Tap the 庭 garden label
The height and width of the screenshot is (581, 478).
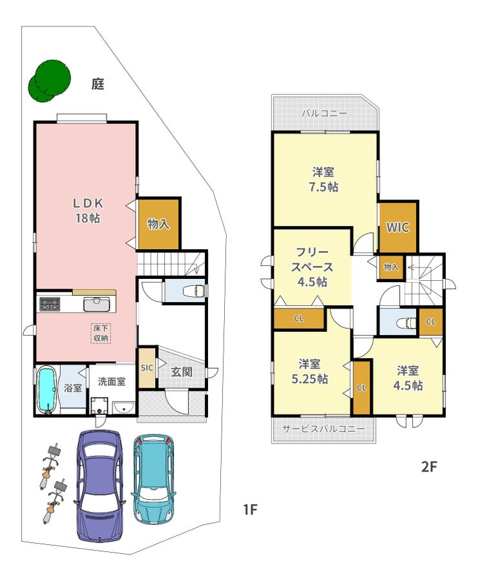98,85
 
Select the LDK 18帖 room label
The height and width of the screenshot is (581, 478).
87,210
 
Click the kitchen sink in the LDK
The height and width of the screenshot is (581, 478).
96,305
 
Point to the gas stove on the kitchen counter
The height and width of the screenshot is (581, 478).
49,305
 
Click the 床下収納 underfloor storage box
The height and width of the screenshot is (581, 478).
101,333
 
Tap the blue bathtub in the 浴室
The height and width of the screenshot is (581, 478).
47,390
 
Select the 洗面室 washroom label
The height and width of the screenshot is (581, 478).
112,382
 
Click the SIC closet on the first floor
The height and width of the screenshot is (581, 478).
147,368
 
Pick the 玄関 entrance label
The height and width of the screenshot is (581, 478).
182,372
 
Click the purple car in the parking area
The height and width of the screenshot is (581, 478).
99,485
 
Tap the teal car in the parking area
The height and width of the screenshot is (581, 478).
153,480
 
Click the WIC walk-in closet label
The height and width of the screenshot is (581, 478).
398,227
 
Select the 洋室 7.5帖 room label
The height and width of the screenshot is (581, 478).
324,179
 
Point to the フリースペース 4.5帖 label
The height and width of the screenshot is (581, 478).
312,267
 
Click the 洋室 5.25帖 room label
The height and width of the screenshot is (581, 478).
309,372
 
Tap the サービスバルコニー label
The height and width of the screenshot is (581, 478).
324,429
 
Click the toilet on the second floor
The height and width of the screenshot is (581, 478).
407,323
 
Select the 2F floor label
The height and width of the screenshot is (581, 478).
429,467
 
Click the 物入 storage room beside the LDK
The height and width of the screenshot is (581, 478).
159,224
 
